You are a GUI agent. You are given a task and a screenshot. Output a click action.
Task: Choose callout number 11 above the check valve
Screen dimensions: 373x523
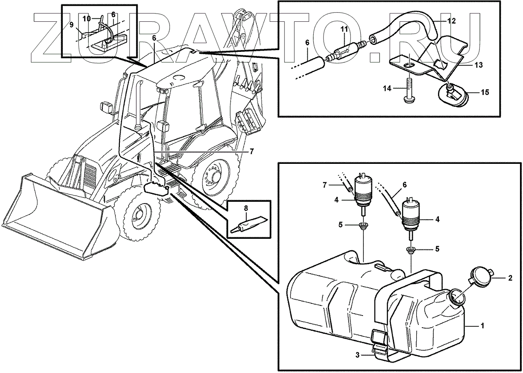(x=344, y=29)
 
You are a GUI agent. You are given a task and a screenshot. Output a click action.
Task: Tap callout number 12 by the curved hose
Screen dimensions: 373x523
(x=452, y=20)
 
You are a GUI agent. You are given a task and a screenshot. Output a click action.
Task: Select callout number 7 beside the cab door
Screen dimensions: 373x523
(x=251, y=152)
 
